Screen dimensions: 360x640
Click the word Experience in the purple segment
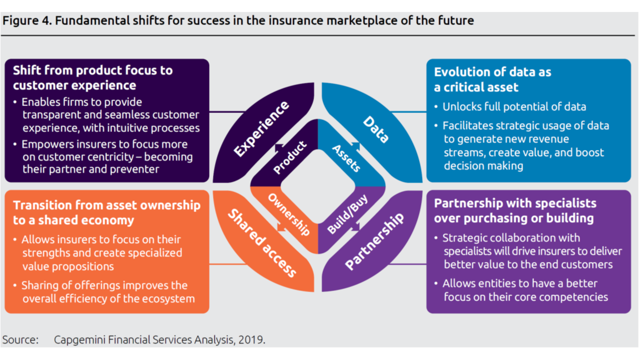[261, 129]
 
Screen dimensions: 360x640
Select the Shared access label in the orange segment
[262, 243]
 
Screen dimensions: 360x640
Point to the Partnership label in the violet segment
[374, 242]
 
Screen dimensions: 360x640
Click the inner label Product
[290, 158]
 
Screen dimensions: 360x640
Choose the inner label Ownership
[289, 214]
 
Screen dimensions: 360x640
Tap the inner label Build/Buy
[347, 214]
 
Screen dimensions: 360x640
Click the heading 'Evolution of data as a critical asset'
[492, 79]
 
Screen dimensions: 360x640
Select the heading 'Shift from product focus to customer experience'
[93, 77]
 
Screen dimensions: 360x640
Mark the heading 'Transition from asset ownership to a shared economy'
[106, 212]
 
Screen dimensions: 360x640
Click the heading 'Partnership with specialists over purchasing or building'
[515, 210]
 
